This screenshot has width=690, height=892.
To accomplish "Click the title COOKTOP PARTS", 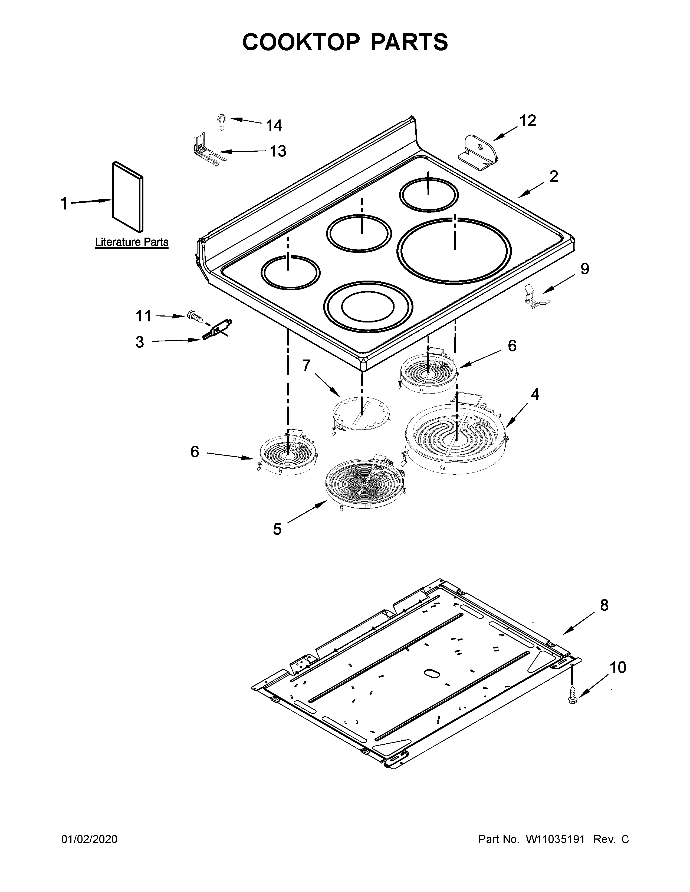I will (x=345, y=42).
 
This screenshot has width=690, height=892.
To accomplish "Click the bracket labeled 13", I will (x=204, y=151).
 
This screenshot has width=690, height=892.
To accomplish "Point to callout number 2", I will (x=553, y=177).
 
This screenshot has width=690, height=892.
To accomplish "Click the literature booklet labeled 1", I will (x=127, y=196).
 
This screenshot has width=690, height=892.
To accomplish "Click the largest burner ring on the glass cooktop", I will (x=454, y=250).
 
